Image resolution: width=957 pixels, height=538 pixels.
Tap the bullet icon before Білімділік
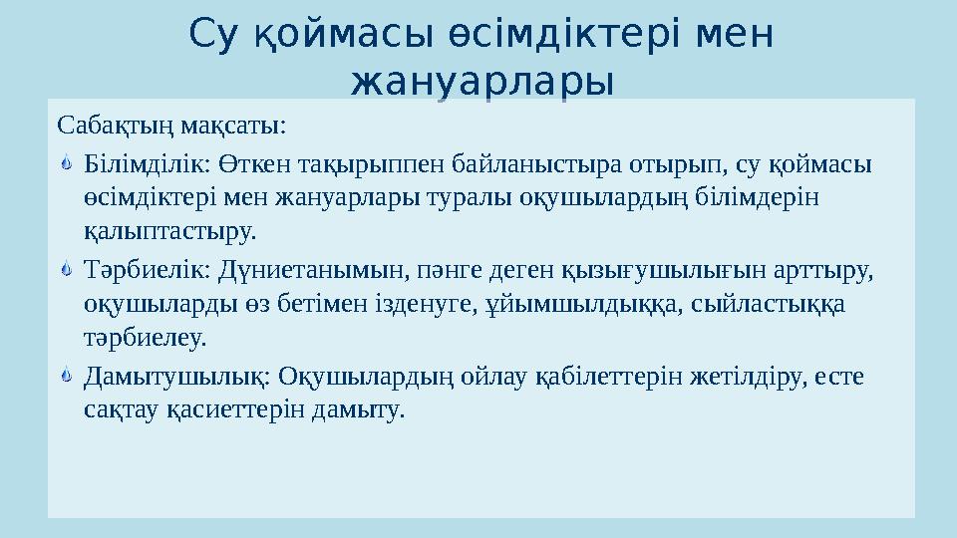point(66,161)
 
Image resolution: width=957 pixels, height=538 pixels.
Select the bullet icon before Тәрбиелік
point(66,269)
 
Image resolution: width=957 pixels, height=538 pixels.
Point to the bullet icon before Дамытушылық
point(66,377)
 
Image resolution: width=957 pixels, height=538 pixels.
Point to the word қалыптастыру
point(170,232)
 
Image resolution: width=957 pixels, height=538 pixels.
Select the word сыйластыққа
point(770,304)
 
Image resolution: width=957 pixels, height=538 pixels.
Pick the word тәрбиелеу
point(146,339)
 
